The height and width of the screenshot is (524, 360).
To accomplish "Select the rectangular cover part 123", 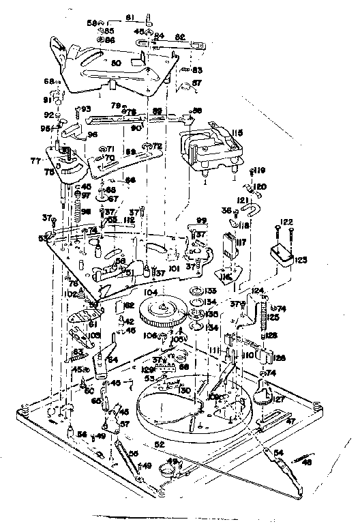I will [x=282, y=259].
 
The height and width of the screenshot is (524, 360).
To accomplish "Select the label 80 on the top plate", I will [x=115, y=63].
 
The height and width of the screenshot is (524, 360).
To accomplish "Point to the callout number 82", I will [x=181, y=38].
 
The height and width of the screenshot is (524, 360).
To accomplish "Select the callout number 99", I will [x=201, y=220].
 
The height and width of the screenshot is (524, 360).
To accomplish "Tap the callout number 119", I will [x=260, y=171].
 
